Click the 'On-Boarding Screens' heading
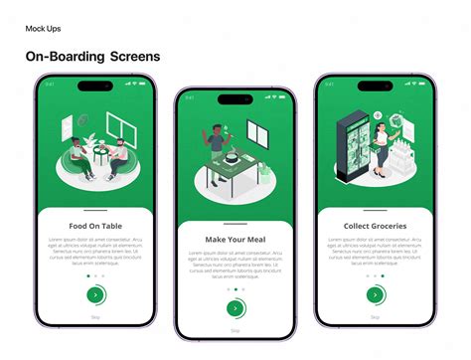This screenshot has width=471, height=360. [x=92, y=57]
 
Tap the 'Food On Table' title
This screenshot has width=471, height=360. [x=95, y=226]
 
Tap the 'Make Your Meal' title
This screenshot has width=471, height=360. [x=235, y=240]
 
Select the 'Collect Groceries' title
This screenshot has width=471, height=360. [x=375, y=226]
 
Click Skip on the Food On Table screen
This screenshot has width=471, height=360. [x=95, y=314]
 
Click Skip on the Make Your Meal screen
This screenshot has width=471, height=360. [x=235, y=329]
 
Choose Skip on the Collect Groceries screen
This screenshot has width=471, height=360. [x=375, y=315]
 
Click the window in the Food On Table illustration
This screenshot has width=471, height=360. [x=121, y=126]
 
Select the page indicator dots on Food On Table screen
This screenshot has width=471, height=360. [x=95, y=275]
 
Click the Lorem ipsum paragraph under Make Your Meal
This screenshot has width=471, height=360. [x=235, y=267]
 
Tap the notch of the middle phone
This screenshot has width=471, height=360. [x=235, y=96]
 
